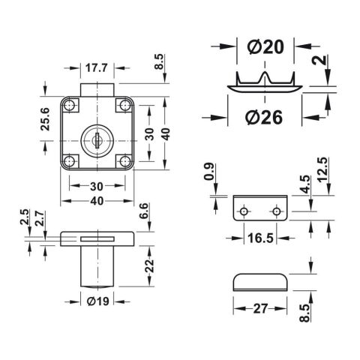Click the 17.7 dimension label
coord(96,67)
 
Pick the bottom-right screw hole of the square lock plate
coord(124,160)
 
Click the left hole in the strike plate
coord(243,212)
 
